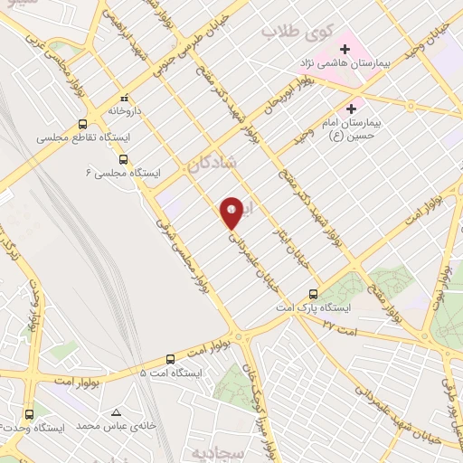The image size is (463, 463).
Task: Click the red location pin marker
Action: (x=232, y=212)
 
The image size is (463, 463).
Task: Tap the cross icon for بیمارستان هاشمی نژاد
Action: (x=344, y=48)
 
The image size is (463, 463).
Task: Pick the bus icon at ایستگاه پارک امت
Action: (x=314, y=294)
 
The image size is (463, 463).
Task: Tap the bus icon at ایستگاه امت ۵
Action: (x=171, y=359)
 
